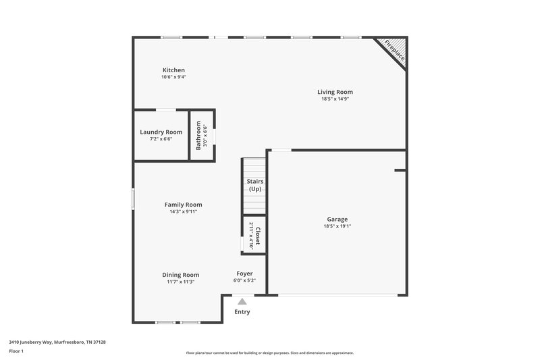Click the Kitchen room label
click(173, 70)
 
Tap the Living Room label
click(335, 92)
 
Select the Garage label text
click(337, 220)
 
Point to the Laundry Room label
click(161, 132)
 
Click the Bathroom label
click(198, 136)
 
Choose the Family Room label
click(184, 205)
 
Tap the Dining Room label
click(181, 275)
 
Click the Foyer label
click(244, 274)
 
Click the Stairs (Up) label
click(255, 185)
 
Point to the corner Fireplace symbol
click(394, 51)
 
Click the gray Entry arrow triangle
click(242, 301)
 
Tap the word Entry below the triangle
click(242, 312)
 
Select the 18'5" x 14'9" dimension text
click(335, 99)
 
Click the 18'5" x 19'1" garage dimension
click(337, 226)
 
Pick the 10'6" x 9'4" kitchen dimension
click(173, 77)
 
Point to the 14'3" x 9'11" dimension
click(184, 211)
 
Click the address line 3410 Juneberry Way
click(57, 342)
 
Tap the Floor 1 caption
click(16, 351)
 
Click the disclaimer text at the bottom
click(270, 353)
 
